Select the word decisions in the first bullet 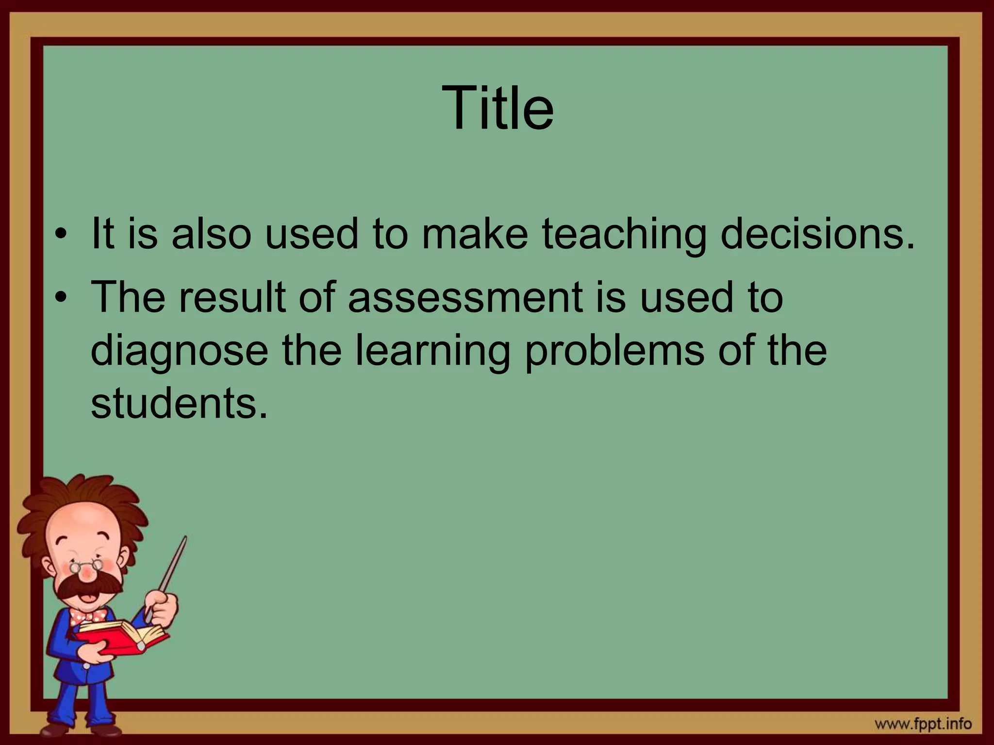817,234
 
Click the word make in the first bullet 474,234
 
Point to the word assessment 465,297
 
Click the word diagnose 179,351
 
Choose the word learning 432,351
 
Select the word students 179,404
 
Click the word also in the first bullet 212,234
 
